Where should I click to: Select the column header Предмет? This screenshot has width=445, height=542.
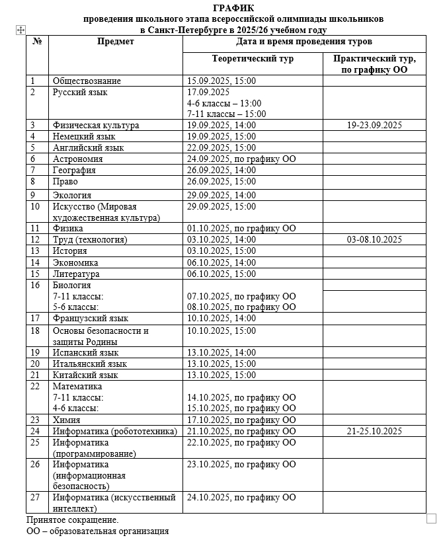116,42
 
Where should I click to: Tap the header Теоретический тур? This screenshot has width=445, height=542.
253,59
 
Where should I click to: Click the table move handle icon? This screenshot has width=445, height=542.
20,30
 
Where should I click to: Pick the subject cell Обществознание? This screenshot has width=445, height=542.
87,81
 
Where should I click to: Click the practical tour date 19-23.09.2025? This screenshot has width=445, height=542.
374,125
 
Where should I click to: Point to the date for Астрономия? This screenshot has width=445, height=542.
241,159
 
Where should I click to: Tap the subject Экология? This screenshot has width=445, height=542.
72,195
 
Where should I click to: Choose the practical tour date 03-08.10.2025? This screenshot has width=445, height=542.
374,239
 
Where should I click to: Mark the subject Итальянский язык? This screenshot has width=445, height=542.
90,364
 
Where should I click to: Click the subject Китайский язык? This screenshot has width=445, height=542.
86,375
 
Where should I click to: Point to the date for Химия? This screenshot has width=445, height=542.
241,420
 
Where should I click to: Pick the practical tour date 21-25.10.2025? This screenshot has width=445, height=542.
374,431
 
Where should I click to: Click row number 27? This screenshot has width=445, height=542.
36,497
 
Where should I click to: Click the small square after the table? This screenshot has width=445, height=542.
432,518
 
